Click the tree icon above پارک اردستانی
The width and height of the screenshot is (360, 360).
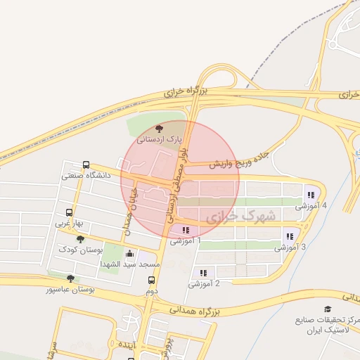pos(158,129)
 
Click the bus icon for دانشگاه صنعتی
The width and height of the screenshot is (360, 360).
pos(86,165)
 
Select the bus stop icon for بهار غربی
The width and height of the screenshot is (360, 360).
pos(69,212)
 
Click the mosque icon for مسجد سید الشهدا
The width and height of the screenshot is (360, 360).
pos(129,254)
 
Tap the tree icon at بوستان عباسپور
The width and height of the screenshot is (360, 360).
pos(70,278)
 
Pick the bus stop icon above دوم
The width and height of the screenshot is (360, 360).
pos(151,280)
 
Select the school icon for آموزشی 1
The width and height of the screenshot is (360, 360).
pos(185,230)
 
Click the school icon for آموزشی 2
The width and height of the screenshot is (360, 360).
pos(203,273)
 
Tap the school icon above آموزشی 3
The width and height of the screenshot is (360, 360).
pos(289,236)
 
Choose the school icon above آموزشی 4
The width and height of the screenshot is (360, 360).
pos(309,195)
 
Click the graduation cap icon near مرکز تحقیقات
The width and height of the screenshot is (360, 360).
pos(327,309)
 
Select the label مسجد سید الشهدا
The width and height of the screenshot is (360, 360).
pos(130,264)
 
